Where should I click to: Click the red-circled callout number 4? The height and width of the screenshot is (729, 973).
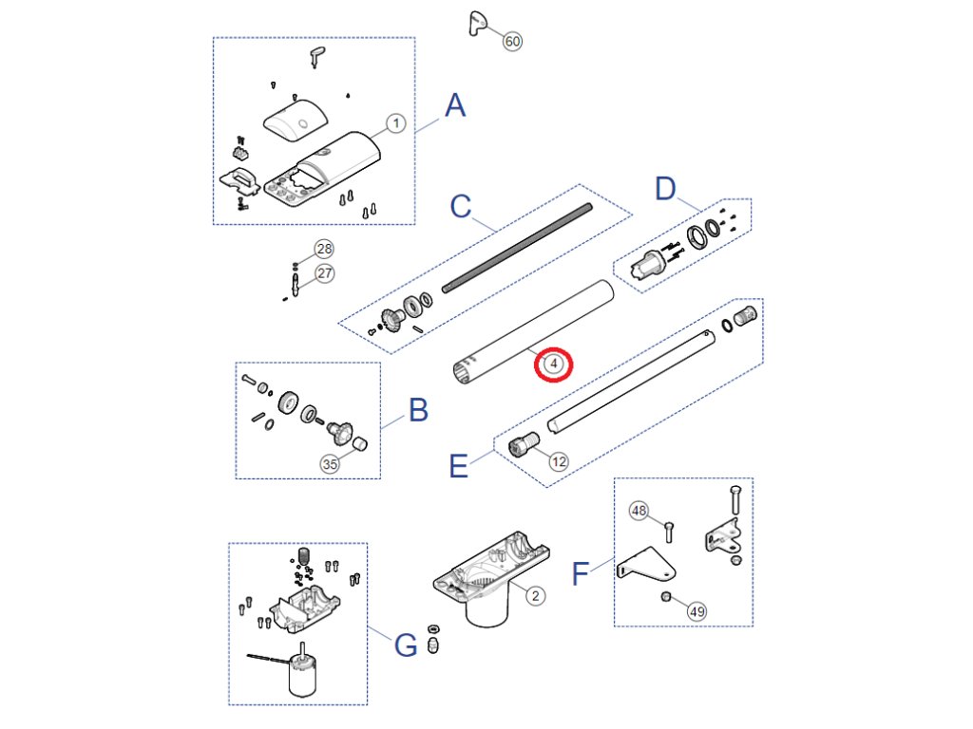pyautogui.click(x=554, y=364)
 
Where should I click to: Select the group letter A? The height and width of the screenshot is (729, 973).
pyautogui.click(x=455, y=105)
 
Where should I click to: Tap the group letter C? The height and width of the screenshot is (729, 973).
pyautogui.click(x=461, y=206)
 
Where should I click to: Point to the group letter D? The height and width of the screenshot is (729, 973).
pyautogui.click(x=665, y=188)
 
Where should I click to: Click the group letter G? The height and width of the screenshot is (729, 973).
pyautogui.click(x=406, y=645)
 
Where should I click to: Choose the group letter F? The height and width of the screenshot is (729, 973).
pyautogui.click(x=580, y=573)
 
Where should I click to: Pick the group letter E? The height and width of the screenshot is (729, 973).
pyautogui.click(x=458, y=466)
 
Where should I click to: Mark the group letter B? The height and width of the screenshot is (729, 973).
pyautogui.click(x=418, y=410)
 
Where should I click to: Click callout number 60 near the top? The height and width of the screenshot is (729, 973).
pyautogui.click(x=512, y=42)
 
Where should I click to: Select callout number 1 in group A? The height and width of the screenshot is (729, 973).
pyautogui.click(x=396, y=122)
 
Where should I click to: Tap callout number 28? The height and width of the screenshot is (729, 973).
pyautogui.click(x=325, y=249)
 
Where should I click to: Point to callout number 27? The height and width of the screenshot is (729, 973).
pyautogui.click(x=325, y=273)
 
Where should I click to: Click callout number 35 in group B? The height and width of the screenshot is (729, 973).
pyautogui.click(x=330, y=463)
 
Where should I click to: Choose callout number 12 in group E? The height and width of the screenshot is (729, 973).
pyautogui.click(x=559, y=461)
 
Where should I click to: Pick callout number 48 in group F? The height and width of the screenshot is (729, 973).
pyautogui.click(x=639, y=511)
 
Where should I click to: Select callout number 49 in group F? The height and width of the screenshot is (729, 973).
pyautogui.click(x=697, y=611)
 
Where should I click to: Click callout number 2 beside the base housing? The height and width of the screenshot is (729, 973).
pyautogui.click(x=536, y=596)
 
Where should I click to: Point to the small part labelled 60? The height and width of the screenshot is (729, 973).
pyautogui.click(x=477, y=24)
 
